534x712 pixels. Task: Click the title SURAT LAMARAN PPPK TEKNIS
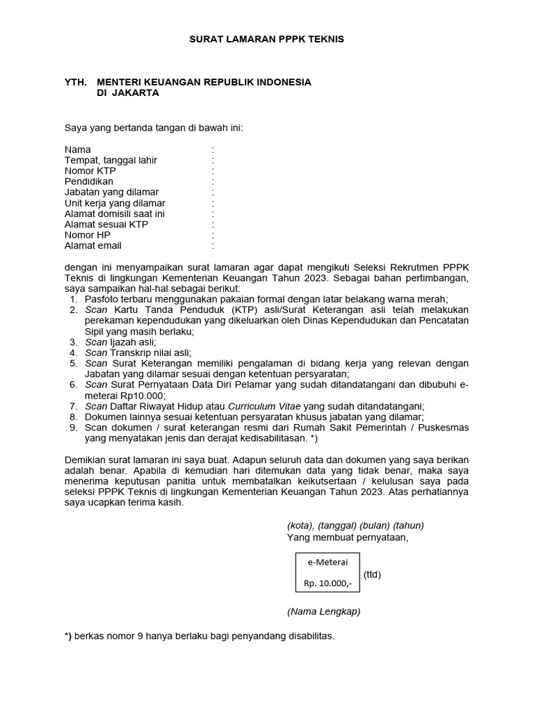click(267, 40)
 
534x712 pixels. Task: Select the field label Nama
click(77, 149)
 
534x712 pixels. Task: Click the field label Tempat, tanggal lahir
click(111, 161)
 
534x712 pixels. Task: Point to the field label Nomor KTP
click(90, 171)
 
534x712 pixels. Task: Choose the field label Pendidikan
click(89, 181)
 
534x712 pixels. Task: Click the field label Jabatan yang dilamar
click(111, 192)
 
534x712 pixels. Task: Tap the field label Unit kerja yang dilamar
click(115, 203)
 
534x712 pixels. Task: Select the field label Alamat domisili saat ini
click(115, 213)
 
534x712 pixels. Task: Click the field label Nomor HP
click(88, 235)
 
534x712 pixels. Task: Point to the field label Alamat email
click(92, 245)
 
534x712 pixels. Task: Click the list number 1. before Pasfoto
click(73, 299)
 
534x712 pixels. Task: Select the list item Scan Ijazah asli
click(120, 342)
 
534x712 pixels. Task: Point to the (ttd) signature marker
click(372, 574)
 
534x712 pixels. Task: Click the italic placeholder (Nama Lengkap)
click(323, 612)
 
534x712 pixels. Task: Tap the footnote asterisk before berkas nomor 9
click(67, 636)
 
